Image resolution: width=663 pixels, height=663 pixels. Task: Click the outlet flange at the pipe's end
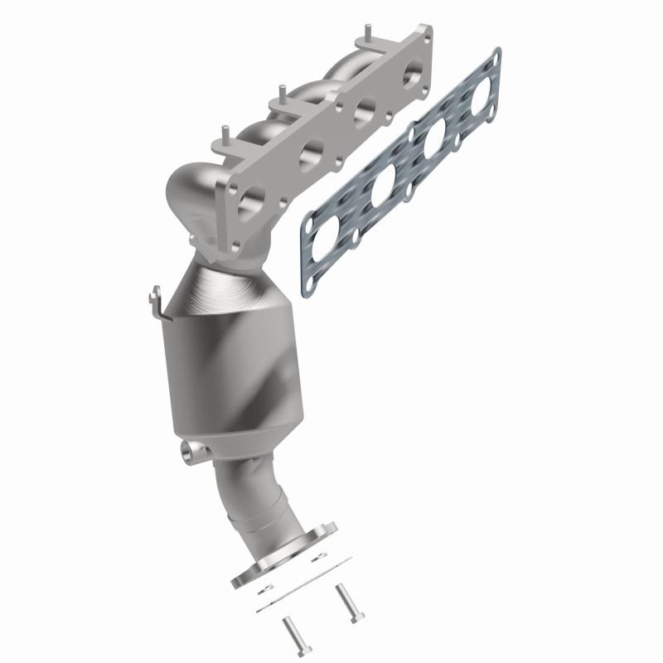pos(286,554)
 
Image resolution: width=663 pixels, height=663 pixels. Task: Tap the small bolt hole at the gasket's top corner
pos(494,56)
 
